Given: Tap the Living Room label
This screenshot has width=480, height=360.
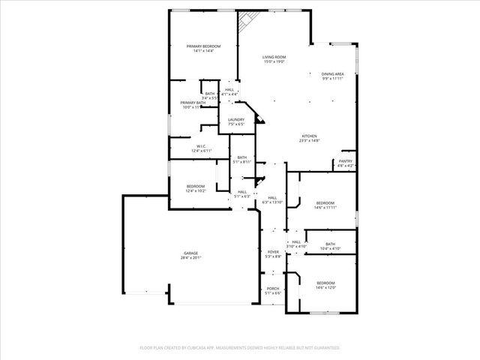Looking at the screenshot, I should click(274, 57).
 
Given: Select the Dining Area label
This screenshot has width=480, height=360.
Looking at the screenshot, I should click(332, 73).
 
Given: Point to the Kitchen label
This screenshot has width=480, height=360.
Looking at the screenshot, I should click(310, 136).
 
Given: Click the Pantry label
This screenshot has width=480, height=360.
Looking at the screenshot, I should click(345, 161).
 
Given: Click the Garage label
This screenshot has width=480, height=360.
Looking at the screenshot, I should click(190, 253).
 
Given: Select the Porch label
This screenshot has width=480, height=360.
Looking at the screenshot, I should click(273, 289).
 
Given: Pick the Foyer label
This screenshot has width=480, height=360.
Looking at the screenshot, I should click(273, 252).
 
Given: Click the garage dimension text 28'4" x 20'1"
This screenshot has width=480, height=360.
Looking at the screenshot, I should click(190, 258).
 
